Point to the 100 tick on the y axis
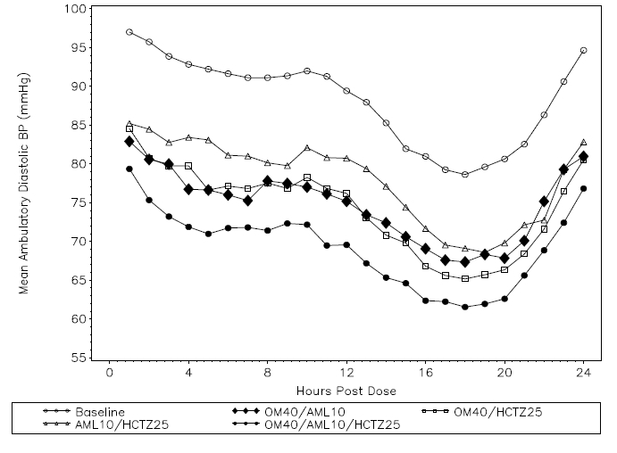78,9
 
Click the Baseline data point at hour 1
129,32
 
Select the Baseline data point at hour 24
583,50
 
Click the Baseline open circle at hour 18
465,175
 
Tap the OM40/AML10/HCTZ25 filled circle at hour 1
129,169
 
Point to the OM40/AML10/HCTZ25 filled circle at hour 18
465,307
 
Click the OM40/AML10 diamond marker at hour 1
129,142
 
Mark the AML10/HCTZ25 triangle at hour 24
583,143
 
